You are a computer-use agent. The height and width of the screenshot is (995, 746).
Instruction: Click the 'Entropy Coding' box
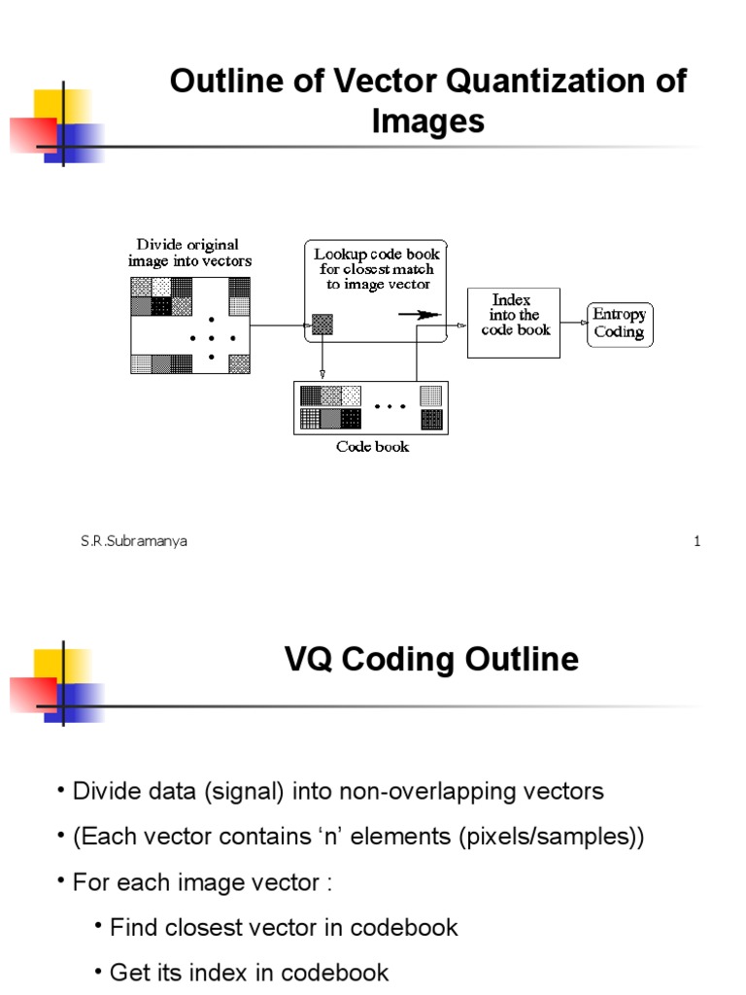620,325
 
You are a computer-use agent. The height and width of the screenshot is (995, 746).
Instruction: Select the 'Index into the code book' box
514,323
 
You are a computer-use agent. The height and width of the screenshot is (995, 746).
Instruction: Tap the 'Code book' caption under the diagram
373,447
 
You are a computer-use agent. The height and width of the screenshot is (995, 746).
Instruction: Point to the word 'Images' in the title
427,121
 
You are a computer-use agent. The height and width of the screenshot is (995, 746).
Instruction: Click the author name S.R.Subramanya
134,542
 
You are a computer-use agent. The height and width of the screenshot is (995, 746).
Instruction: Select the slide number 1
696,542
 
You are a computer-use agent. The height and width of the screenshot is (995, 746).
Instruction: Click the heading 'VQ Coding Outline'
431,661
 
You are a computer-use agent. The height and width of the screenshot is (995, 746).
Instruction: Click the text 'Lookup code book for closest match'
377,261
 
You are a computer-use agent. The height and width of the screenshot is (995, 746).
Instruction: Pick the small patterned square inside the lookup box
322,325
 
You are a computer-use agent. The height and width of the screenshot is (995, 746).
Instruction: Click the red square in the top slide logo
30,134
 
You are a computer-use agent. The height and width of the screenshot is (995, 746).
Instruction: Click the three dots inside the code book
390,408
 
